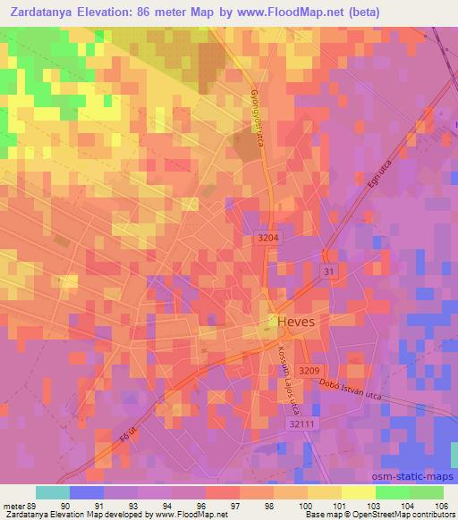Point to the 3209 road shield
click(x=310, y=371)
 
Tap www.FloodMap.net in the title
click(x=300, y=13)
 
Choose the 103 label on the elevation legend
click(x=376, y=505)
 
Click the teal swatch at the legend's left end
click(x=53, y=491)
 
